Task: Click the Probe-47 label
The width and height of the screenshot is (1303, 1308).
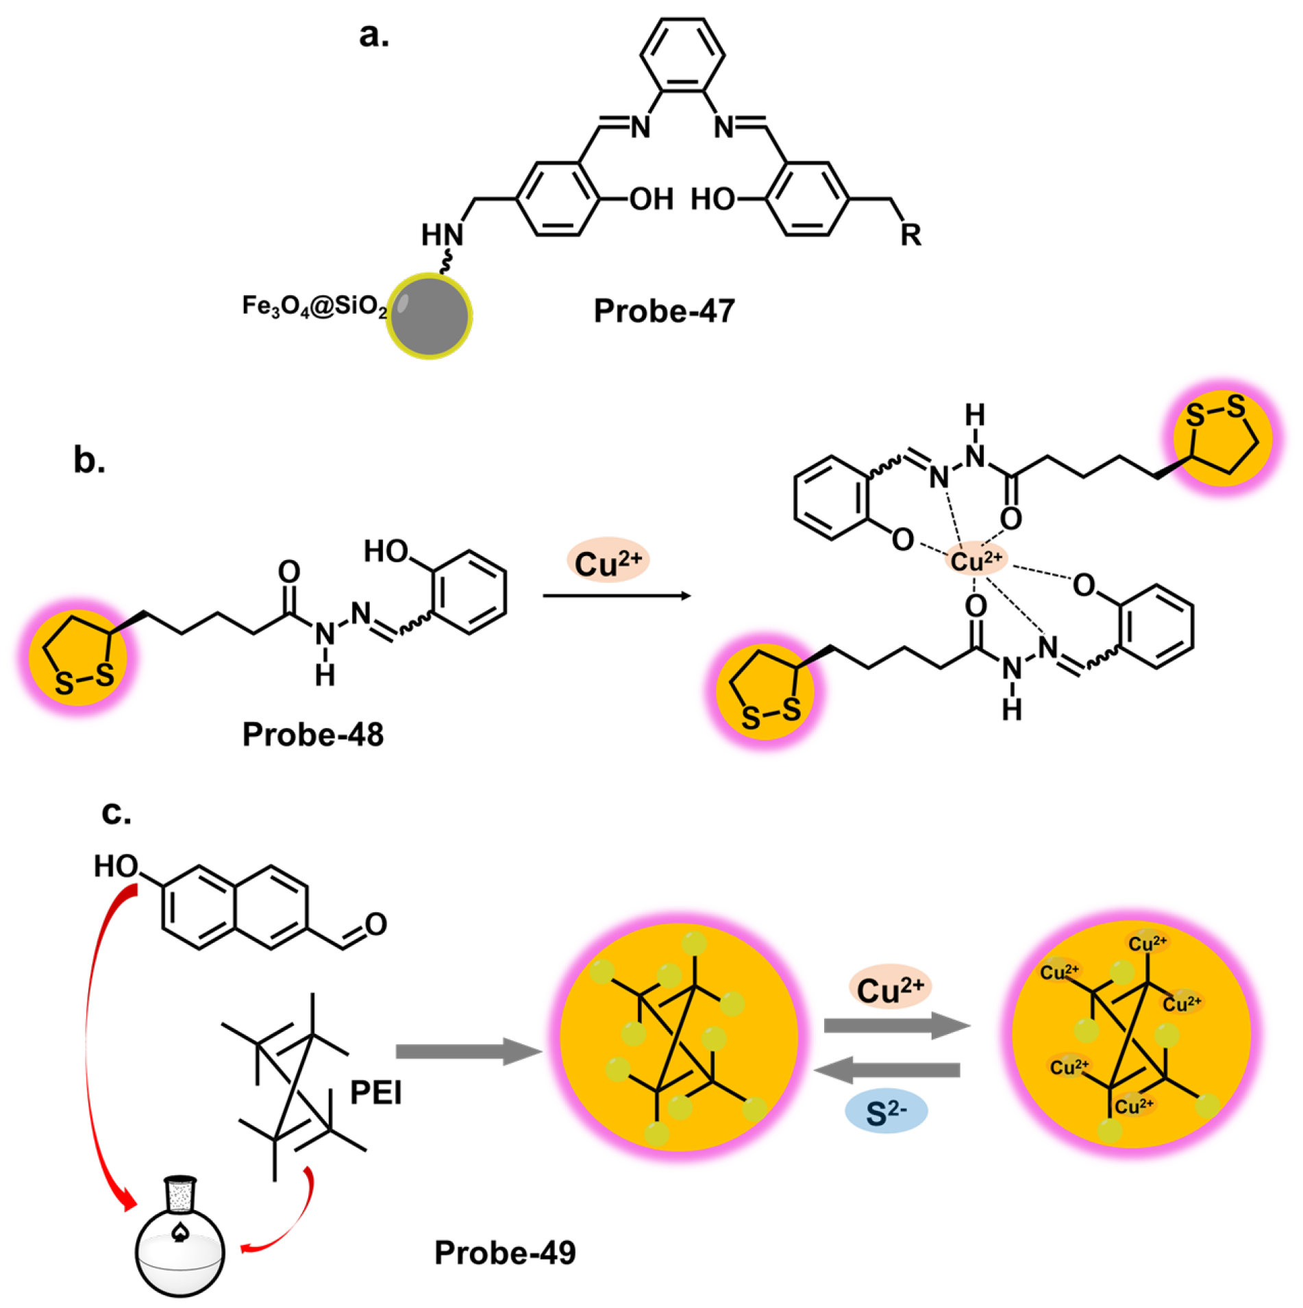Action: [663, 312]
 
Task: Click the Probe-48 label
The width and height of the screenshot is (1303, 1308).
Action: [313, 735]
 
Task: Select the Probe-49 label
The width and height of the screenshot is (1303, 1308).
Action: [505, 1253]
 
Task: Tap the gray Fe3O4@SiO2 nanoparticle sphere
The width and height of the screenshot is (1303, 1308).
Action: [430, 316]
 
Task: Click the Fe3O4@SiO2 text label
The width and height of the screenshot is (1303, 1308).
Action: [314, 306]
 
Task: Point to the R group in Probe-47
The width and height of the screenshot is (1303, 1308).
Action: [910, 235]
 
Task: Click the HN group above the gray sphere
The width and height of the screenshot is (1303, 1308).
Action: [442, 236]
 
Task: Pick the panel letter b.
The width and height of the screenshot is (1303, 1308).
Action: [89, 460]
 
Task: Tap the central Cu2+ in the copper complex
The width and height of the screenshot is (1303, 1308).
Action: [976, 561]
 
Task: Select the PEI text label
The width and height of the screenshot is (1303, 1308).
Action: [375, 1092]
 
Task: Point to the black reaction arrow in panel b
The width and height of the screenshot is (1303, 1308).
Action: [617, 596]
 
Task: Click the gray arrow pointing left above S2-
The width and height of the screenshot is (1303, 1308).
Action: [887, 1070]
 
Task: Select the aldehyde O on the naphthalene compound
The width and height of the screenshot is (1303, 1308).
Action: [376, 925]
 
